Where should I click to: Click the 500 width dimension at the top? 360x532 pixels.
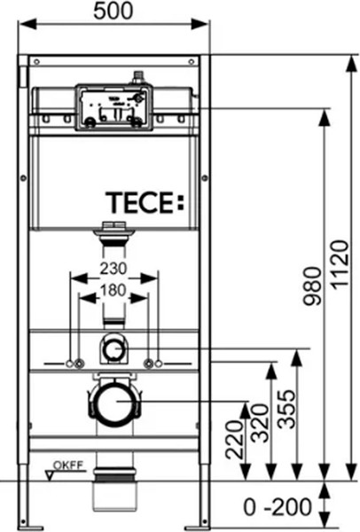[120, 12]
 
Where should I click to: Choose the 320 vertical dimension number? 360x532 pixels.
[257, 426]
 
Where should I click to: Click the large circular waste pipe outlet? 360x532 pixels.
[113, 404]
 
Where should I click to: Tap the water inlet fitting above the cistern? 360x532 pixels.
[137, 79]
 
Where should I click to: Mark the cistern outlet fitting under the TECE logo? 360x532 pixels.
[113, 232]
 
